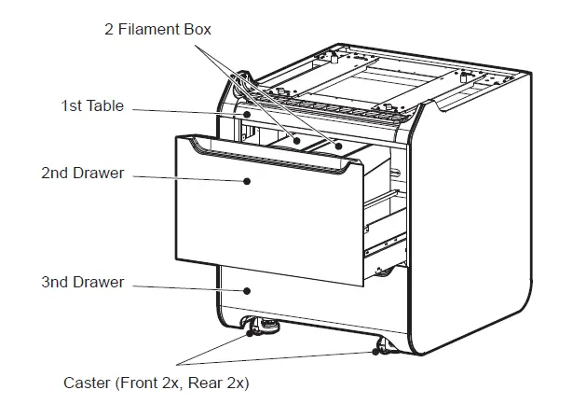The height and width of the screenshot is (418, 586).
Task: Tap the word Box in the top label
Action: pyautogui.click(x=198, y=29)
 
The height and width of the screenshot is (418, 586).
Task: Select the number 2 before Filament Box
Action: pyautogui.click(x=109, y=29)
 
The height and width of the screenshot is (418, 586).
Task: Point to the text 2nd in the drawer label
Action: pyautogui.click(x=55, y=174)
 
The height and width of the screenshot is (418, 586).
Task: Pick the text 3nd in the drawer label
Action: pyautogui.click(x=55, y=282)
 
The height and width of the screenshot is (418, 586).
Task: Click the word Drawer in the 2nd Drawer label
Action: pyautogui.click(x=100, y=174)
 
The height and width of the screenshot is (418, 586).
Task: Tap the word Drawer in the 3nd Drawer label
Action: pyautogui.click(x=100, y=282)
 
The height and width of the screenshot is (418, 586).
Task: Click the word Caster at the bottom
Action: pyautogui.click(x=86, y=383)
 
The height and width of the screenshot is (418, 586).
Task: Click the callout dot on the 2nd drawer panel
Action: pyautogui.click(x=248, y=181)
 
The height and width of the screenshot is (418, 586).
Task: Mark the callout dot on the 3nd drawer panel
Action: pyautogui.click(x=248, y=289)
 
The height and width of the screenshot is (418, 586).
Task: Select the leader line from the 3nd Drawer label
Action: pyautogui.click(x=186, y=286)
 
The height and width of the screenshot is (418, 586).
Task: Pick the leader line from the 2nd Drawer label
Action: pyautogui.click(x=186, y=177)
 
